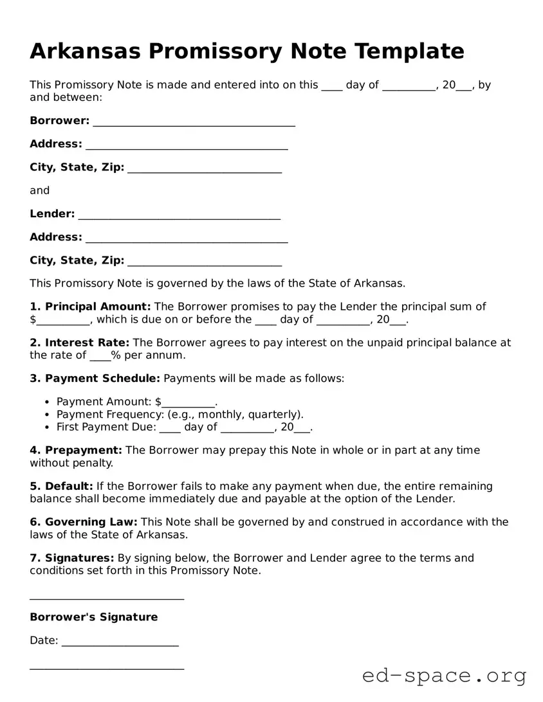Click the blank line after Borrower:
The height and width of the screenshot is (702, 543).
pyautogui.click(x=194, y=122)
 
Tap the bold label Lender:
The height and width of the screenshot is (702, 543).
pyautogui.click(x=52, y=214)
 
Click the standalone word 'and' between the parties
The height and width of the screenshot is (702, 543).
pyautogui.click(x=39, y=190)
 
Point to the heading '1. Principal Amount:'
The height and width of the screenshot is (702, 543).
pyautogui.click(x=90, y=307)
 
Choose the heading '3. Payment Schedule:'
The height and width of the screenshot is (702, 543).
pyautogui.click(x=95, y=379)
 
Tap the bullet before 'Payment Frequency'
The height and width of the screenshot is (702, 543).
pyautogui.click(x=48, y=415)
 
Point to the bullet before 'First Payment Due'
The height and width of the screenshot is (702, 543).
pyautogui.click(x=48, y=428)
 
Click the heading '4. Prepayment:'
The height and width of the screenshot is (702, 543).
pyautogui.click(x=76, y=451)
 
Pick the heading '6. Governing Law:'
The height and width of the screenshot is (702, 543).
pyautogui.click(x=84, y=522)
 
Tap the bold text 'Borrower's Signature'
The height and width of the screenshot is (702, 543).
pyautogui.click(x=94, y=617)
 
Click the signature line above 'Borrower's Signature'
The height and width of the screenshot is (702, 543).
pyautogui.click(x=107, y=598)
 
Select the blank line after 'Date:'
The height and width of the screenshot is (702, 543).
pyautogui.click(x=120, y=643)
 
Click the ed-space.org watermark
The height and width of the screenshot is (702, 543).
pyautogui.click(x=444, y=676)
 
